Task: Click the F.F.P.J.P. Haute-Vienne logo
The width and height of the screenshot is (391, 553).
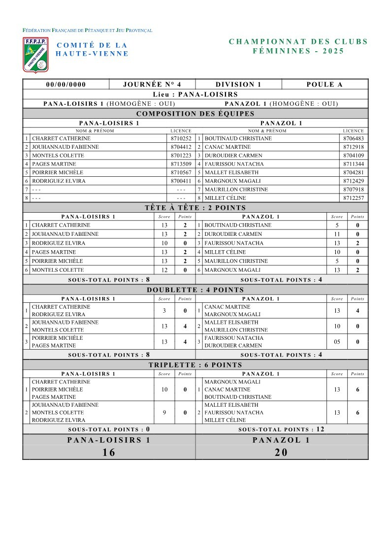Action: pyautogui.click(x=35, y=54)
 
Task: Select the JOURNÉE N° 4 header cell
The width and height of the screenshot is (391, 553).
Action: pyautogui.click(x=152, y=84)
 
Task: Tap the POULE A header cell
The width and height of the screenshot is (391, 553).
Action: pyautogui.click(x=324, y=84)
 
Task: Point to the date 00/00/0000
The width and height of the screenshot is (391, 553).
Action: pyautogui.click(x=65, y=84)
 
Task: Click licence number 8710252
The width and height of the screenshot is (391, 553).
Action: pyautogui.click(x=181, y=138)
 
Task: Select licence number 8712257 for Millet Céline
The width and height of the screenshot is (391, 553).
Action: pyautogui.click(x=354, y=198)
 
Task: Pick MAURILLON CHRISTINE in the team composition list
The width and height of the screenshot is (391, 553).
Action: pyautogui.click(x=236, y=190)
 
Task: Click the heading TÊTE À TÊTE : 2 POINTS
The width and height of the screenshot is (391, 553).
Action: pyautogui.click(x=195, y=208)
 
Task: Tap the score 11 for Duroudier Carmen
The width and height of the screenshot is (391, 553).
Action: pyautogui.click(x=337, y=234)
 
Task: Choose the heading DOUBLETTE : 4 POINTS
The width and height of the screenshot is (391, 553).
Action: pyautogui.click(x=195, y=290)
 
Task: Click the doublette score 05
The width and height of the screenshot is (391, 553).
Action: pyautogui.click(x=337, y=342)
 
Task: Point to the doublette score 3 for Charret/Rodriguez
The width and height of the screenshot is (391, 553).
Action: pyautogui.click(x=164, y=311)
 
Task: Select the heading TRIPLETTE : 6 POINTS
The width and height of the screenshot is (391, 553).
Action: pyautogui.click(x=195, y=365)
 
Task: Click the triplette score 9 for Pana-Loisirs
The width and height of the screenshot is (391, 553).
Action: pyautogui.click(x=164, y=413)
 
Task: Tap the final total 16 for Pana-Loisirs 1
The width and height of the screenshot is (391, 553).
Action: pyautogui.click(x=109, y=453)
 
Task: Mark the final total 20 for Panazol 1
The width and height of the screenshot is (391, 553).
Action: pyautogui.click(x=281, y=453)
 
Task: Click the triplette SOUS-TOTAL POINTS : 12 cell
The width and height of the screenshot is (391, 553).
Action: pyautogui.click(x=281, y=429)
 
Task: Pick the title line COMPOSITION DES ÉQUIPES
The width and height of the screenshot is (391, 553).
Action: pyautogui.click(x=195, y=114)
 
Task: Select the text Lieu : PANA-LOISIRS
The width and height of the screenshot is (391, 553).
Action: pyautogui.click(x=195, y=94)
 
